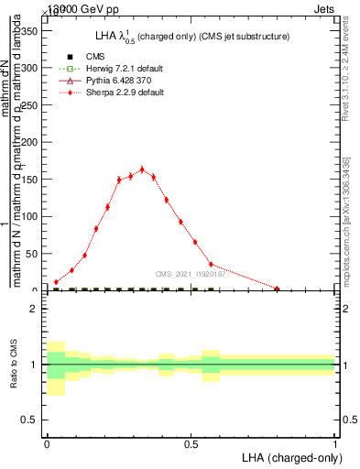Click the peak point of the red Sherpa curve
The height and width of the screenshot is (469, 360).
142,169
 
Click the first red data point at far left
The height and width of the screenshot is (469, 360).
56,282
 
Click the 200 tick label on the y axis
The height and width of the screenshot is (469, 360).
29,142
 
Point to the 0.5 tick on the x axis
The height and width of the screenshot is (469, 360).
191,442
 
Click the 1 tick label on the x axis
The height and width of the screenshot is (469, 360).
334,442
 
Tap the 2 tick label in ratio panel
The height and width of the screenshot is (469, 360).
35,309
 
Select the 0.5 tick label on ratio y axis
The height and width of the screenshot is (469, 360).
30,420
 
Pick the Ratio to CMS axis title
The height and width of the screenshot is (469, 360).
14,364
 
